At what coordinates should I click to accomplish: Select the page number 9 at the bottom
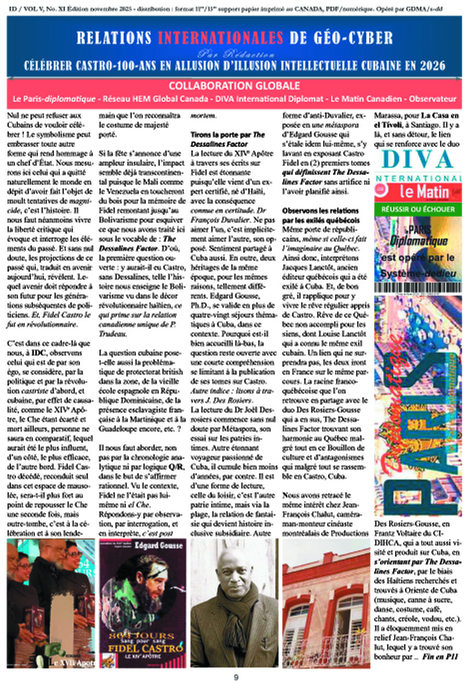235,677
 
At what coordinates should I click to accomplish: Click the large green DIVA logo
417,160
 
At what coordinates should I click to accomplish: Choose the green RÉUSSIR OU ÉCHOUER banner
417,210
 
